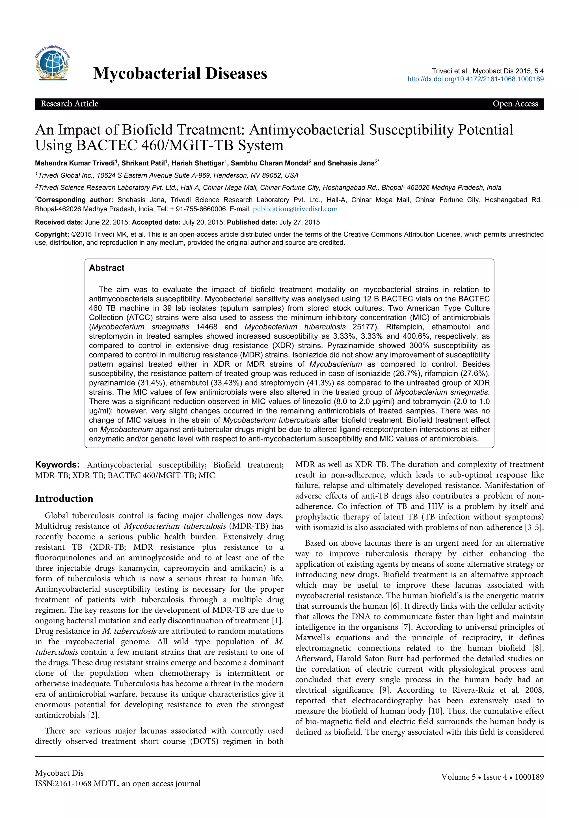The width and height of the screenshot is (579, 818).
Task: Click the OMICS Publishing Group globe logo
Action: [x=52, y=64]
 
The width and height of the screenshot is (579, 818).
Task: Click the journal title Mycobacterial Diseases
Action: [x=180, y=73]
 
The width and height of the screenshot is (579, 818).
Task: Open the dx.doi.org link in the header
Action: [x=476, y=79]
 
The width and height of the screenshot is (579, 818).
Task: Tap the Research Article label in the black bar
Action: [x=70, y=104]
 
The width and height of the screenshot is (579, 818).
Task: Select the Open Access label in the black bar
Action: [x=515, y=104]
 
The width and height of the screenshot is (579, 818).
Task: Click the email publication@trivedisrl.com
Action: [x=295, y=209]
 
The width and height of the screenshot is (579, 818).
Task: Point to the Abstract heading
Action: [x=107, y=268]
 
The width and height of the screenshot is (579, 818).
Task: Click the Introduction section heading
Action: [x=64, y=499]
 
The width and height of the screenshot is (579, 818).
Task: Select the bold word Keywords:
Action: [x=57, y=465]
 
